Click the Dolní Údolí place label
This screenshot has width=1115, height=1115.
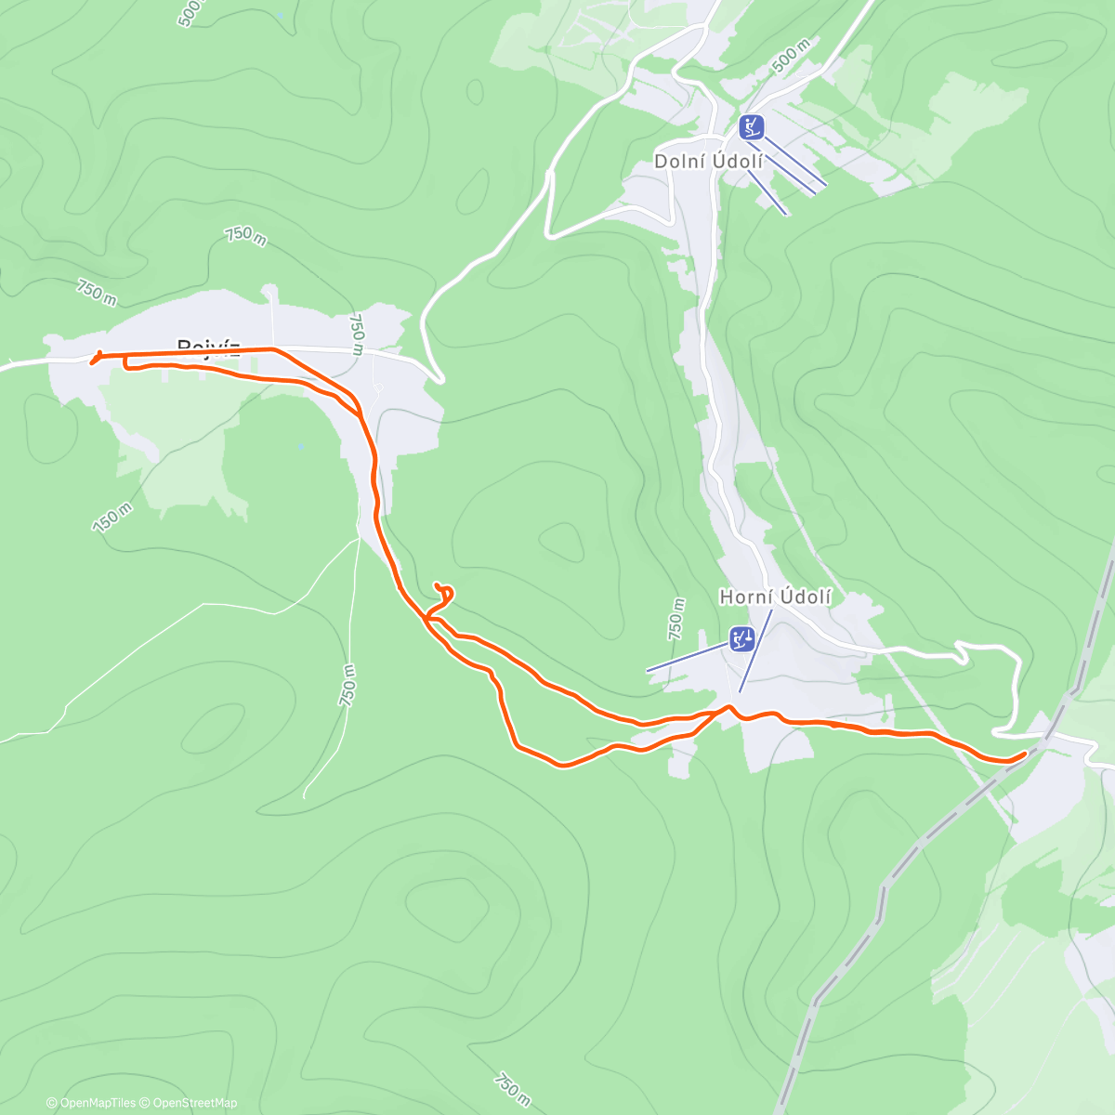(x=709, y=161)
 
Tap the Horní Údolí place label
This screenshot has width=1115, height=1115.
(x=775, y=597)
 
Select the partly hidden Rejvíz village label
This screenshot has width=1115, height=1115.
(x=209, y=347)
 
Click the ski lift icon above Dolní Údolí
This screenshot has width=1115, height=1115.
(x=752, y=126)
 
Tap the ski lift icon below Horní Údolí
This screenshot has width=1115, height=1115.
(x=741, y=639)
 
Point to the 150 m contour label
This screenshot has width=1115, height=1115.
(x=111, y=518)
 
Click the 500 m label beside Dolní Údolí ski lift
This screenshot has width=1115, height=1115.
(x=791, y=55)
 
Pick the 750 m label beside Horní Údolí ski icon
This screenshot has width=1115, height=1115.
(x=676, y=619)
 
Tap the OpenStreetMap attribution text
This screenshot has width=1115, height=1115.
(x=194, y=1103)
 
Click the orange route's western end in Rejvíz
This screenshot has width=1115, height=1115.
(x=92, y=362)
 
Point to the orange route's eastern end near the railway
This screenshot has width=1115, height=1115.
(x=1025, y=753)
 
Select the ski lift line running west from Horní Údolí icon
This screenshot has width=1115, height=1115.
(x=688, y=657)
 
